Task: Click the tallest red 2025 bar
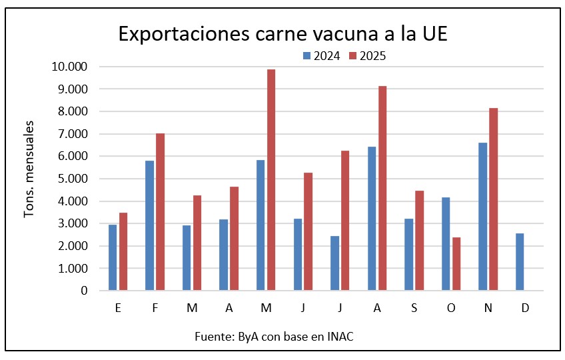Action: tap(271, 180)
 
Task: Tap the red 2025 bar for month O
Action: tap(456, 264)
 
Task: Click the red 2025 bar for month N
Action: tap(493, 199)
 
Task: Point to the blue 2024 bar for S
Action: tap(408, 255)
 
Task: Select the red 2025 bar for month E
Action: tap(123, 251)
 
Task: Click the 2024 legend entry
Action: tap(322, 56)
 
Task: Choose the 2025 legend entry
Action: tap(367, 56)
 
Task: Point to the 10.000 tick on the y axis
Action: tap(69, 67)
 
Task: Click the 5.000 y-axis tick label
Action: tap(72, 179)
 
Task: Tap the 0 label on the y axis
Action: tap(85, 291)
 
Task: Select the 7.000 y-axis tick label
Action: tap(72, 134)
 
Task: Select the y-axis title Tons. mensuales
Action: tap(29, 169)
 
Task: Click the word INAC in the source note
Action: tap(340, 336)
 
